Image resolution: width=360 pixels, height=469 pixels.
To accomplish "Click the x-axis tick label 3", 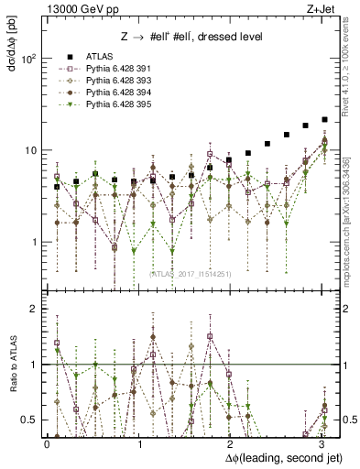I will pyautogui.click(x=322, y=444).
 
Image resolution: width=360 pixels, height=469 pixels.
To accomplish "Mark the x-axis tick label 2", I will pyautogui.click(x=231, y=444).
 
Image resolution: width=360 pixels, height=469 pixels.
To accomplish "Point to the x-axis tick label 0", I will pyautogui.click(x=47, y=444).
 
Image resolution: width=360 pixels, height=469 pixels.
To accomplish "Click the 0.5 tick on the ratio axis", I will pyautogui.click(x=29, y=420).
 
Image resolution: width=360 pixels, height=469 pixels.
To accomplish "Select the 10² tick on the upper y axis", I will pyautogui.click(x=27, y=59).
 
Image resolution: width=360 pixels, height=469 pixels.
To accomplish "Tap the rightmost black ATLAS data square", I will pyautogui.click(x=324, y=119).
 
